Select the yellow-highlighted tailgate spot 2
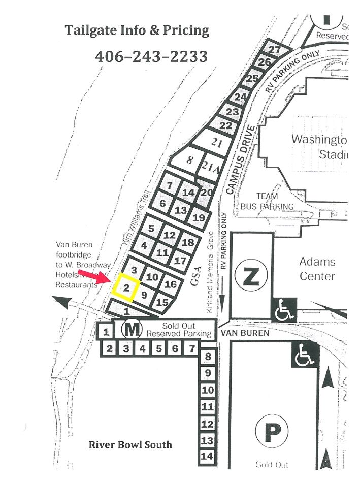tap(125, 287)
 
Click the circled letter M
tap(132, 330)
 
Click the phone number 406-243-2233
tap(151, 56)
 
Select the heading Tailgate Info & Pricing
tap(137, 30)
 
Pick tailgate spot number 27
tap(274, 50)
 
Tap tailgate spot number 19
tap(199, 218)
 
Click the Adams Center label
tap(317, 269)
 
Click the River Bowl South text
tap(130, 445)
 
